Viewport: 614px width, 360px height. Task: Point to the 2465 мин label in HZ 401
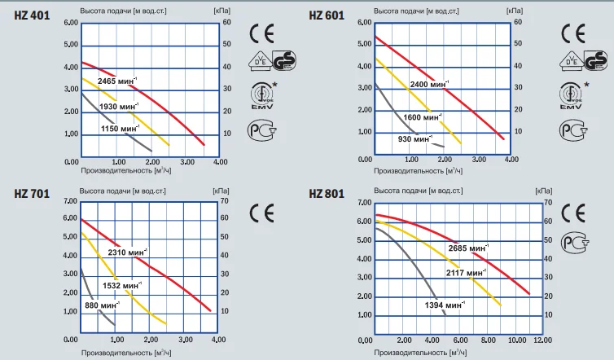(118, 81)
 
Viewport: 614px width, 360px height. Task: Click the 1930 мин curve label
(121, 107)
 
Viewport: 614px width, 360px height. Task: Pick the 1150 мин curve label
(121, 129)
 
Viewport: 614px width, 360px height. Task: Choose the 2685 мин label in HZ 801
(468, 248)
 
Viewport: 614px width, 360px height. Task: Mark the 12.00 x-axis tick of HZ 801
(542, 340)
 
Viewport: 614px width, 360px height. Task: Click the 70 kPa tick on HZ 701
(226, 200)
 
